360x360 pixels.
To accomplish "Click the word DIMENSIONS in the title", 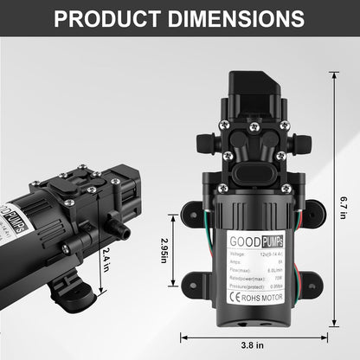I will tap(238, 18).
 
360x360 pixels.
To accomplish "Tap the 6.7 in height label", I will tap(344, 202).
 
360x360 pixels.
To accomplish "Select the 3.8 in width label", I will tap(254, 344).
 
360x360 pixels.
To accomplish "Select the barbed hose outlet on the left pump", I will tap(121, 232).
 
